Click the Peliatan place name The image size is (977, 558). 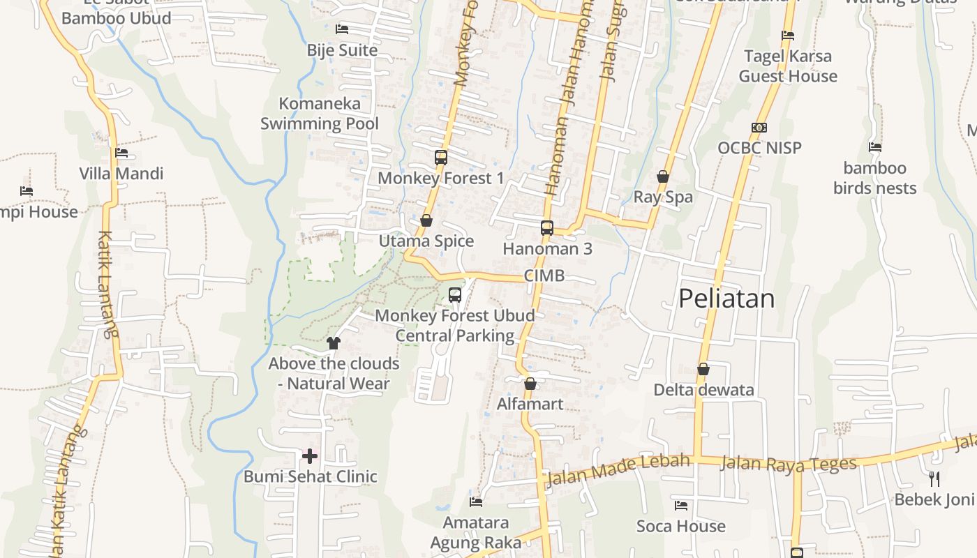click(x=726, y=299)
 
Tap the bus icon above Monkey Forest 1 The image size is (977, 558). click(x=441, y=158)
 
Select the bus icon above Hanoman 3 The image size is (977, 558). click(x=547, y=228)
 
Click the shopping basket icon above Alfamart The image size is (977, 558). click(x=530, y=384)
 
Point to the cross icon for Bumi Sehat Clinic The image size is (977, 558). click(x=310, y=456)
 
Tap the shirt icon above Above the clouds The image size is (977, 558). click(x=334, y=342)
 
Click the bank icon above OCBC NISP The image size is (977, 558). click(x=759, y=128)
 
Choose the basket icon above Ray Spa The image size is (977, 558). click(x=663, y=176)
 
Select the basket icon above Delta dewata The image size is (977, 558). click(x=703, y=369)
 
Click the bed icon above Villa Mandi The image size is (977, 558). click(x=121, y=153)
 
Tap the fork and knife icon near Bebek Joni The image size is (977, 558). click(x=934, y=478)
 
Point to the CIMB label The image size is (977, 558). click(x=544, y=276)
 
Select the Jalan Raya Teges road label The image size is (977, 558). click(x=788, y=463)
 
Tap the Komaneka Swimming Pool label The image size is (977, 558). click(x=320, y=114)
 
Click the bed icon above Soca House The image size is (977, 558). click(x=681, y=506)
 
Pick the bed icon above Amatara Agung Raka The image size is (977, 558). click(x=476, y=502)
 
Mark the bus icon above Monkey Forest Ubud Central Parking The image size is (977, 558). click(x=455, y=295)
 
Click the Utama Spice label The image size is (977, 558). click(x=426, y=241)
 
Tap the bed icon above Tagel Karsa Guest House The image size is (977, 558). click(x=788, y=36)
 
